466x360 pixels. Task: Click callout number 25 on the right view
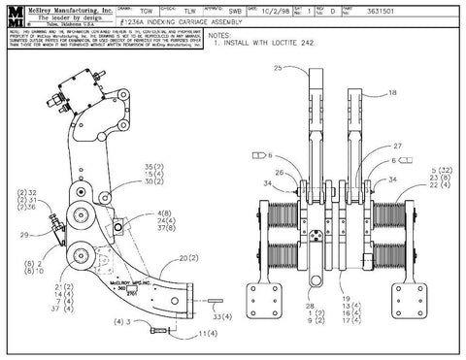coord(277,70)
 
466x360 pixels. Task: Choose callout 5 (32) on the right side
coord(427,170)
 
